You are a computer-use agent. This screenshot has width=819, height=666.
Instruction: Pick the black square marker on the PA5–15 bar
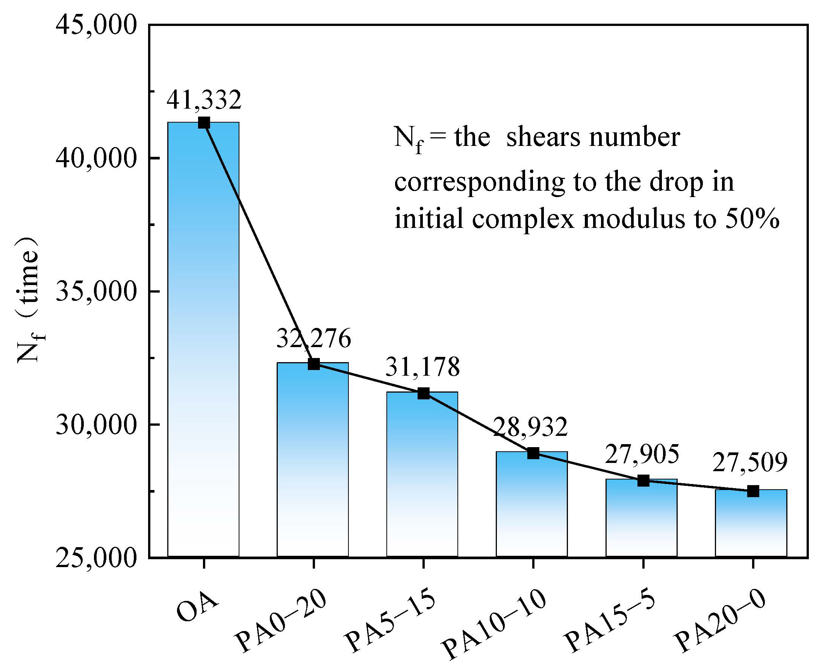(423, 393)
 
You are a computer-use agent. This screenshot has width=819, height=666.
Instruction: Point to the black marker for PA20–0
(753, 491)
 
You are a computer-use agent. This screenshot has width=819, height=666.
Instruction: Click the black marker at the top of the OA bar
(204, 123)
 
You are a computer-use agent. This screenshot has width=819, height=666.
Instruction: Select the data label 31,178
(422, 367)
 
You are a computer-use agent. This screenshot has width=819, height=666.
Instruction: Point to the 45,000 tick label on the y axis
(96, 26)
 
